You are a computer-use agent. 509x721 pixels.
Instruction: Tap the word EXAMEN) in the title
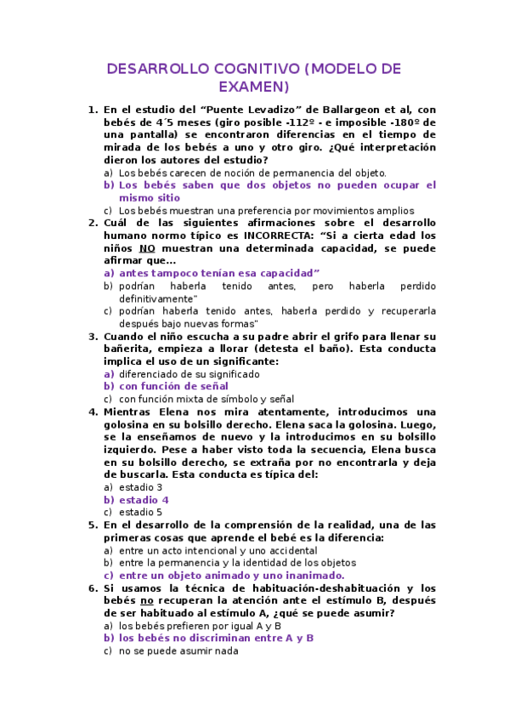[x=254, y=87]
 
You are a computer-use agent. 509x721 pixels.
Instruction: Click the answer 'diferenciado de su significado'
[x=189, y=373]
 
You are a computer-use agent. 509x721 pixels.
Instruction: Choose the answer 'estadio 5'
[x=140, y=513]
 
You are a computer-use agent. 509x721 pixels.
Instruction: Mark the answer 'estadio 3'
[x=140, y=487]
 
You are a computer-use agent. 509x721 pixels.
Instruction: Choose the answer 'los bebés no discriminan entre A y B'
[x=216, y=639]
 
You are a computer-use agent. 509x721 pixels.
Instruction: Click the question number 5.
[x=93, y=525]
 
